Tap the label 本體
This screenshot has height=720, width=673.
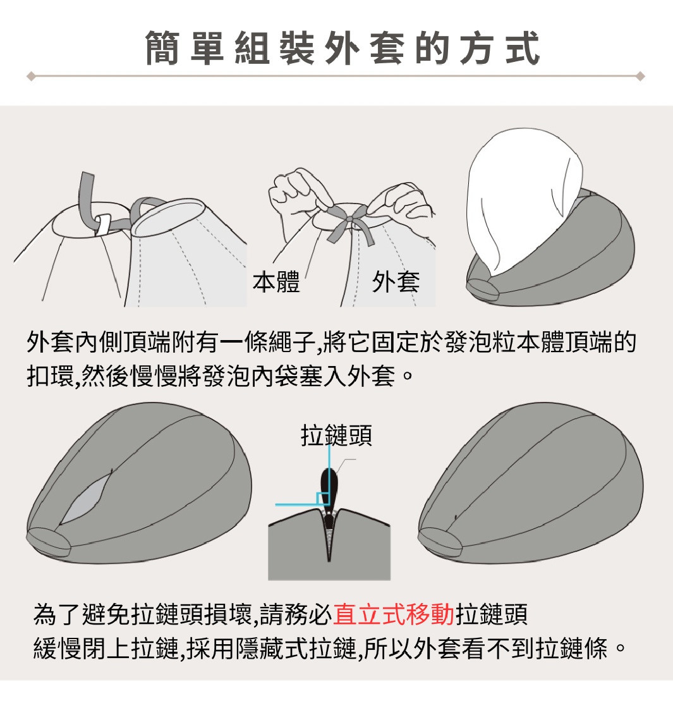pos(276,281)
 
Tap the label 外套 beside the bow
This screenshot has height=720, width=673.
pos(396,281)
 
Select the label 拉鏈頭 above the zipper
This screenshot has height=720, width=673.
pos(336,436)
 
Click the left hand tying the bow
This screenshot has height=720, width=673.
pos(295,193)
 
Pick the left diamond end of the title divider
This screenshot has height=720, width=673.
pos(30,76)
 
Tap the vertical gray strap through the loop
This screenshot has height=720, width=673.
pos(88,196)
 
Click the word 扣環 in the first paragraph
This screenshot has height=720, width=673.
pos(51,376)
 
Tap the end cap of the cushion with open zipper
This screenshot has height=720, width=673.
pos(49,541)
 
